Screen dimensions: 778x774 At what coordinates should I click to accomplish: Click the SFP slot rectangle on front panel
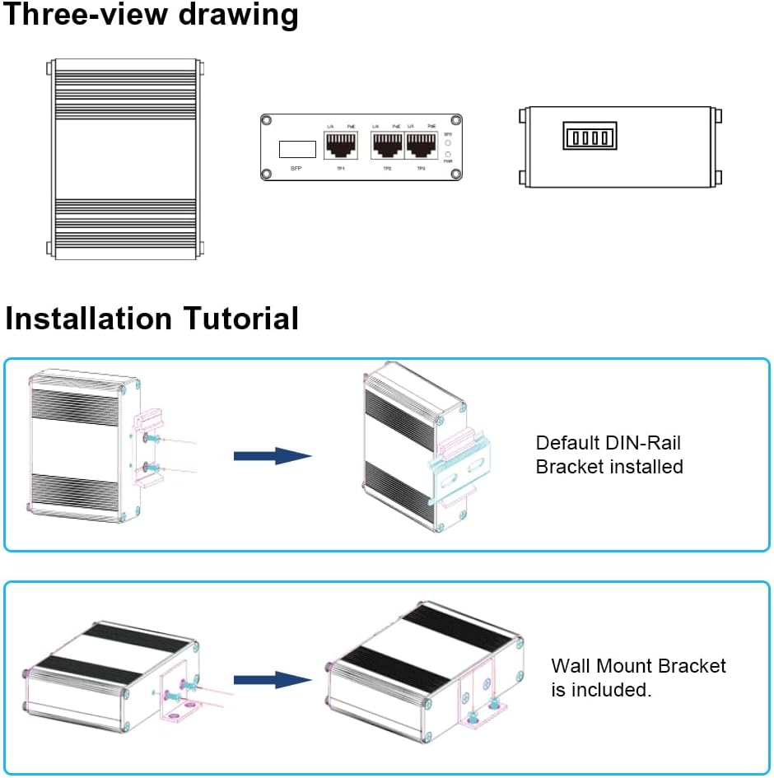click(x=297, y=149)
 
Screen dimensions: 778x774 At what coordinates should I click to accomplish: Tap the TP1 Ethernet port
click(x=341, y=146)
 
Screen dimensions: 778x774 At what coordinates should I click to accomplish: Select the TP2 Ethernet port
click(x=387, y=146)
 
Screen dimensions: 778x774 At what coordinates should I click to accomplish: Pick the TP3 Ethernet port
click(x=421, y=146)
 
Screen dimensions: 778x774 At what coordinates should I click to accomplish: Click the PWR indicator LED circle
click(x=448, y=154)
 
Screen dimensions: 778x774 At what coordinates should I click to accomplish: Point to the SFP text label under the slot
click(x=297, y=168)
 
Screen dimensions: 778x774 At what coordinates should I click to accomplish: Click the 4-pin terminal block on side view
click(x=590, y=136)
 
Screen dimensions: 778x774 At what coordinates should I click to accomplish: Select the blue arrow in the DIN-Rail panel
click(x=272, y=455)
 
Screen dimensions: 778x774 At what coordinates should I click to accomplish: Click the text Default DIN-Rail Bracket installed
click(x=609, y=455)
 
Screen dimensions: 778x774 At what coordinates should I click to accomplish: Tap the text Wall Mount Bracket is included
click(x=638, y=678)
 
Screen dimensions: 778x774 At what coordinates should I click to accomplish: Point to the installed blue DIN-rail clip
click(x=461, y=474)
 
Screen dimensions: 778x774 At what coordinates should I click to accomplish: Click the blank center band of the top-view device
click(x=125, y=156)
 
